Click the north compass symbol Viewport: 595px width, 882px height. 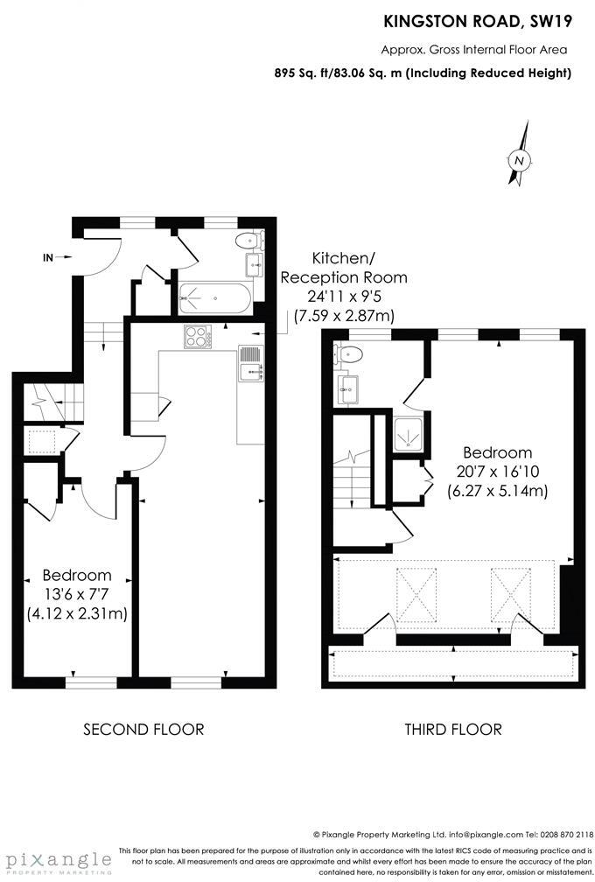pos(520,160)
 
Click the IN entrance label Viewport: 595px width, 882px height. pos(49,257)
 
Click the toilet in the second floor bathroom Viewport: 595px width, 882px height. pos(248,241)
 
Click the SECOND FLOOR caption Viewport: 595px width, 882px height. pos(143,729)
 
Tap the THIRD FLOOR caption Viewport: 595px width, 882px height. pos(452,729)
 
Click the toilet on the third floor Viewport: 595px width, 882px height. pos(349,354)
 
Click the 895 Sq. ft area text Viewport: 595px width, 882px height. pos(423,73)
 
